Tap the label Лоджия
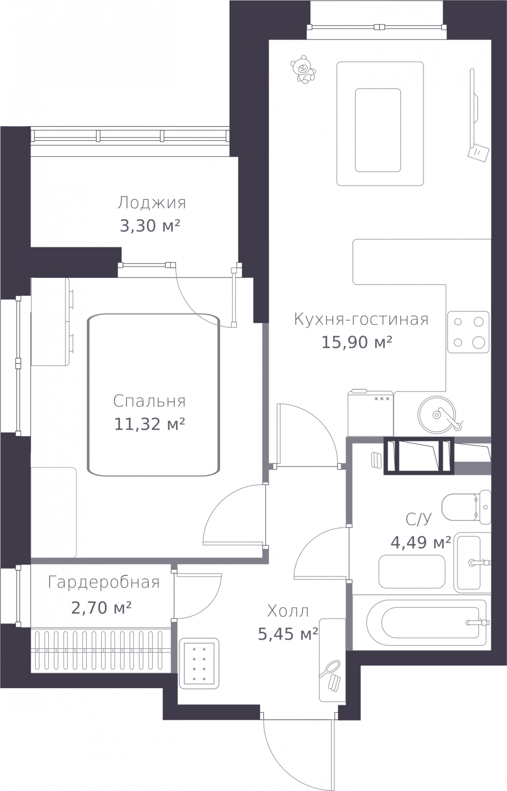point(152,203)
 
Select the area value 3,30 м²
point(150,226)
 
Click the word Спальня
point(149,401)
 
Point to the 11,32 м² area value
point(150,424)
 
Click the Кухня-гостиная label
point(361,319)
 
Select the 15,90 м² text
point(357,342)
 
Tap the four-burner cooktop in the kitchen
point(468,332)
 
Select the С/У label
point(418,519)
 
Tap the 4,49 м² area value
point(421,542)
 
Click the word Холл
point(288,611)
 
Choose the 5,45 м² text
point(288,634)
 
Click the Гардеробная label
point(104,583)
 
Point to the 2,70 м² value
point(101,607)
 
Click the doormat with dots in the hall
point(199,663)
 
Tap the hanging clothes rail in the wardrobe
point(101,651)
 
